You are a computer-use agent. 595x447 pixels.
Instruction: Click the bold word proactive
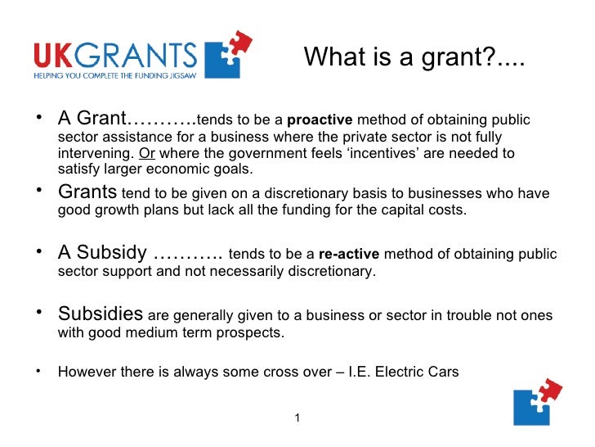(320, 121)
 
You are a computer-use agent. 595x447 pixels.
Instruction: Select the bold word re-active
(349, 254)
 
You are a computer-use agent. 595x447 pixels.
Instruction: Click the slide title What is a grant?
(414, 57)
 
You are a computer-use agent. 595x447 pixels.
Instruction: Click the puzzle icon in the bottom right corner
(537, 401)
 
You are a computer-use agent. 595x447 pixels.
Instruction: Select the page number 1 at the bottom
(297, 418)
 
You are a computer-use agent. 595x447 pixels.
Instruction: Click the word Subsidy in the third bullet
(114, 252)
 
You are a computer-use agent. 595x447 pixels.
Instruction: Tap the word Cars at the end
(444, 372)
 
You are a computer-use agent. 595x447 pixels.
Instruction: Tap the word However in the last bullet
(85, 372)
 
